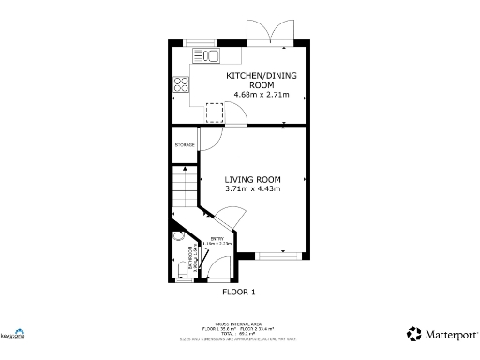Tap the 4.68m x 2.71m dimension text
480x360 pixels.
pyautogui.click(x=258, y=96)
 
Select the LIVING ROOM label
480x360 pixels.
pyautogui.click(x=253, y=179)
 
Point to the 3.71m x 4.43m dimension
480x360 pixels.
pyautogui.click(x=253, y=189)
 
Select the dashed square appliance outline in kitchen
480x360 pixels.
pyautogui.click(x=216, y=112)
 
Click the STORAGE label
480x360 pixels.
pyautogui.click(x=185, y=145)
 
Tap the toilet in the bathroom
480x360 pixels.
pyautogui.click(x=180, y=272)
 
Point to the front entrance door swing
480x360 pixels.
pyautogui.click(x=217, y=271)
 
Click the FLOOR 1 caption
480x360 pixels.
pyautogui.click(x=238, y=292)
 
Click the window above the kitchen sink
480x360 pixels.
pyautogui.click(x=199, y=41)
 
